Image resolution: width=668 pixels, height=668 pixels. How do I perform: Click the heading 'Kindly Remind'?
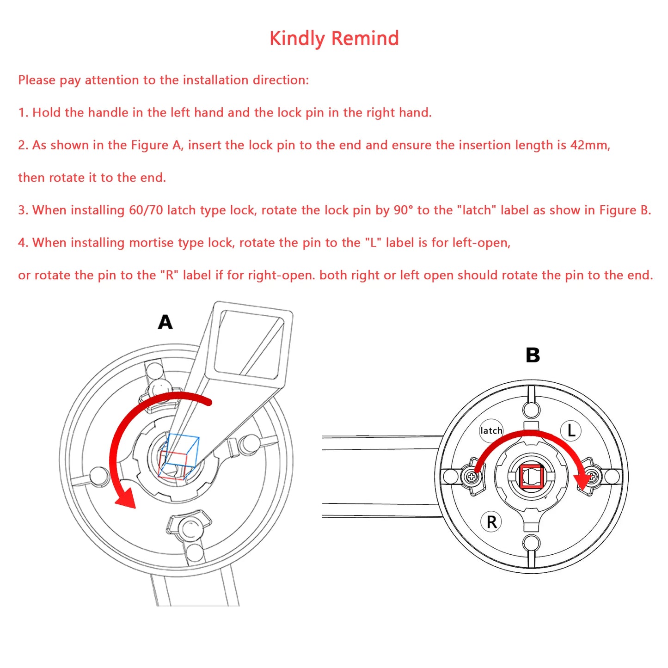(334, 38)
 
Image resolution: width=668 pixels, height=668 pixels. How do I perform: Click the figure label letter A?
(165, 322)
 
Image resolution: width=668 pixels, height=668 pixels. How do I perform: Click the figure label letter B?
(533, 355)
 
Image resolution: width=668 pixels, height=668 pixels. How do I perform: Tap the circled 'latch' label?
(491, 431)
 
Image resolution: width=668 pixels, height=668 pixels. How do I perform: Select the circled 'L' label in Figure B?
(571, 430)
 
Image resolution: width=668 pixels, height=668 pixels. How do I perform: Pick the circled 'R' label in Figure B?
(491, 522)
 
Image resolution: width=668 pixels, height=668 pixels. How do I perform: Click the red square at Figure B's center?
(531, 477)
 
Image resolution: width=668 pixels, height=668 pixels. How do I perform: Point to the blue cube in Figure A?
(182, 450)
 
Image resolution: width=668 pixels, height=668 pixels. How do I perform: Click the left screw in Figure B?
(471, 477)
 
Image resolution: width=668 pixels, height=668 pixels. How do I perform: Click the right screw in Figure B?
(592, 476)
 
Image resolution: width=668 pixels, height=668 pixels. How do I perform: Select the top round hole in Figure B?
(531, 409)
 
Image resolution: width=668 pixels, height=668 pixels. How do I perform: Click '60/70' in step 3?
(146, 210)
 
